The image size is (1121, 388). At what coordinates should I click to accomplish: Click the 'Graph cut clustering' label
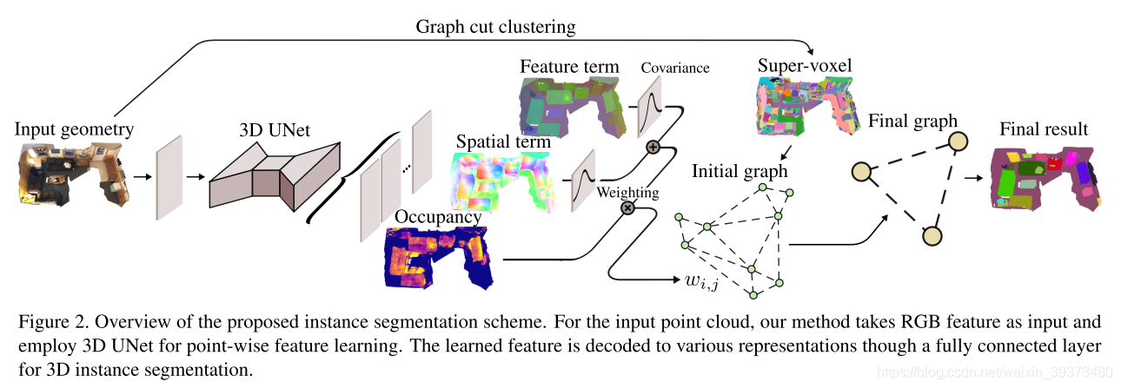tap(495, 27)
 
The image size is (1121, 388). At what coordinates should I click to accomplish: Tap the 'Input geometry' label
tap(74, 130)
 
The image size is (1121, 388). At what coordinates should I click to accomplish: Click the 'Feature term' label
tap(569, 66)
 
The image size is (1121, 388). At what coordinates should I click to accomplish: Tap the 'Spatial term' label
tap(503, 141)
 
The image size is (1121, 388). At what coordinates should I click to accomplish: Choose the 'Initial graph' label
tap(740, 171)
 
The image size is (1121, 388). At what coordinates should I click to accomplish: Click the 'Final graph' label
tap(912, 121)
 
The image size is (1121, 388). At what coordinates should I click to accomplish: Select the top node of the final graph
tap(957, 141)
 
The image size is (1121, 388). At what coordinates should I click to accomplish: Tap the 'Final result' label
tap(1044, 130)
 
